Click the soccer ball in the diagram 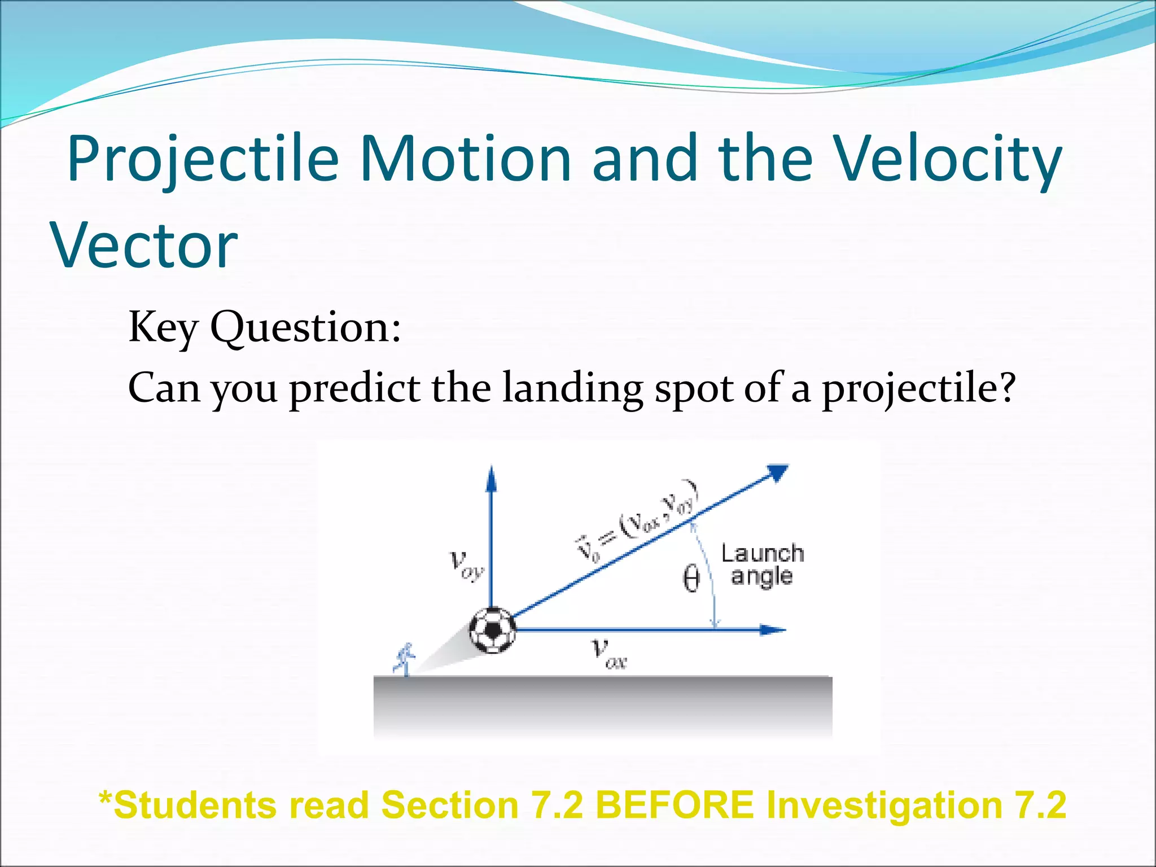(493, 630)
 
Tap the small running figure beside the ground (405, 659)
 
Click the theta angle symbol (691, 579)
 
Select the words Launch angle (762, 565)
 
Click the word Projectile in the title (203, 160)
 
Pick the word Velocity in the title (948, 160)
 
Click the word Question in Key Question (305, 327)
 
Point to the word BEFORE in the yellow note (675, 805)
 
